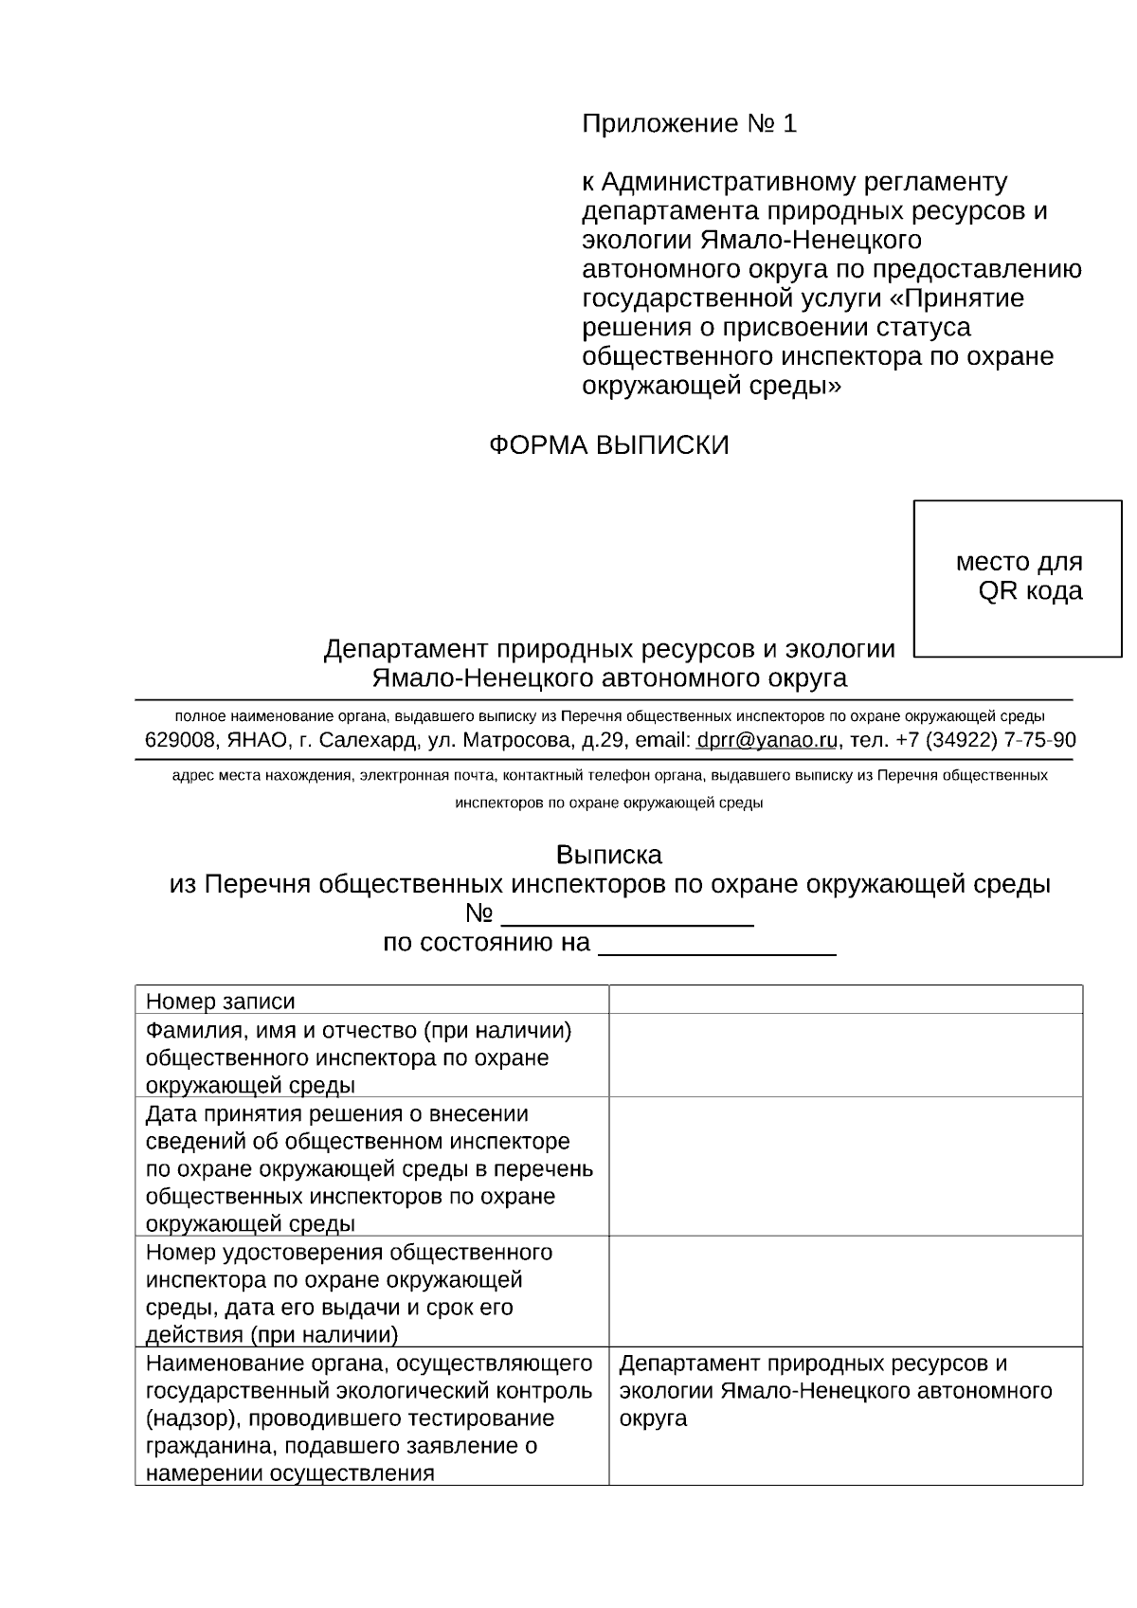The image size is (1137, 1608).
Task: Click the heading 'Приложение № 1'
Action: point(689,124)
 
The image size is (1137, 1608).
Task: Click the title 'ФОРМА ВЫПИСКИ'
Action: point(608,445)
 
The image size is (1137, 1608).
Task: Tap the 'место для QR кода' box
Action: point(1018,577)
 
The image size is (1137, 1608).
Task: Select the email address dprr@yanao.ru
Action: point(767,740)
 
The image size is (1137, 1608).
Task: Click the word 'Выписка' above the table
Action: point(608,855)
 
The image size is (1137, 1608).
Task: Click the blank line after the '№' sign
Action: point(626,915)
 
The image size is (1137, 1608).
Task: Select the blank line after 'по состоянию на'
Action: point(717,945)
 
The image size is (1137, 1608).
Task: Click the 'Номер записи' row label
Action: point(220,1002)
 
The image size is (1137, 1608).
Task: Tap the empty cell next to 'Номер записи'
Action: point(845,1001)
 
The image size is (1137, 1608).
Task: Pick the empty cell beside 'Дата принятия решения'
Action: point(845,1167)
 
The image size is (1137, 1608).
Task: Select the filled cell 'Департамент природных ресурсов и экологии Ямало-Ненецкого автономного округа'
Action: point(834,1391)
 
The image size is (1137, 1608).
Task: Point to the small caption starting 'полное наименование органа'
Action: point(609,715)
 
